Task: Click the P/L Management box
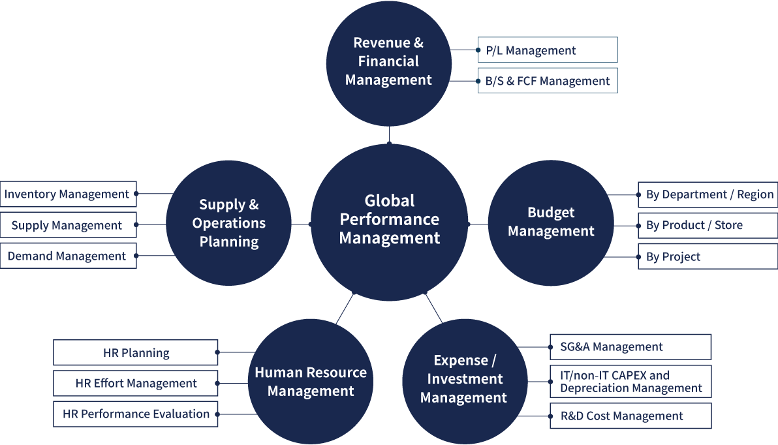click(x=547, y=50)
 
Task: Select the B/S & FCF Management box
click(x=547, y=81)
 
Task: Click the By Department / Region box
click(x=708, y=194)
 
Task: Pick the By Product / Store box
click(x=708, y=225)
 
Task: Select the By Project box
click(x=708, y=256)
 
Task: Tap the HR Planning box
click(x=136, y=353)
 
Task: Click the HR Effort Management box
click(x=136, y=384)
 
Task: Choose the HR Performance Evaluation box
click(x=136, y=414)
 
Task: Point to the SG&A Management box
click(x=630, y=347)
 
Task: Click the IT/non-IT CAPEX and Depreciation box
click(x=630, y=382)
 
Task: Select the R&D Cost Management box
click(x=630, y=416)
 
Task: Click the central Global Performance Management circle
click(x=390, y=220)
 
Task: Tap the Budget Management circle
click(x=551, y=222)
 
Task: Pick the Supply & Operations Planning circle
click(x=228, y=223)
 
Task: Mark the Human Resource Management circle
click(x=311, y=382)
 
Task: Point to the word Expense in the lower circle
click(x=461, y=361)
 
